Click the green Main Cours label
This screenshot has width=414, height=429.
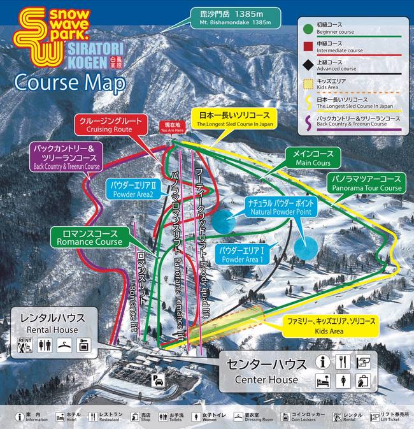pos(313,158)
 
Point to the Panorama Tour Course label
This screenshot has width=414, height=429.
pos(366,183)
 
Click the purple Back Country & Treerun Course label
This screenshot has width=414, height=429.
pos(66,157)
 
